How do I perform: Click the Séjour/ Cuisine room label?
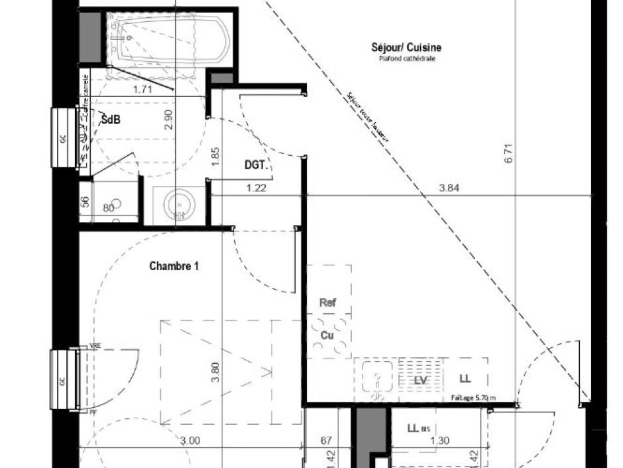pos(406,47)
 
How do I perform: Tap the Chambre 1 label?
pos(174,266)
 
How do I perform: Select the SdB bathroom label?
pos(111,120)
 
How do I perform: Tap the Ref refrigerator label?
pos(327,303)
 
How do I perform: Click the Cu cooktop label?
pos(327,336)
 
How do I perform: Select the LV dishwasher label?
pos(419,380)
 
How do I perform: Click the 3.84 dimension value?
pos(449,188)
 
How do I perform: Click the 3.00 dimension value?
pos(190,440)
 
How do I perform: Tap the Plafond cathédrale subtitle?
pos(407,59)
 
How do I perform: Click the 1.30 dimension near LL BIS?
pos(439,440)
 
